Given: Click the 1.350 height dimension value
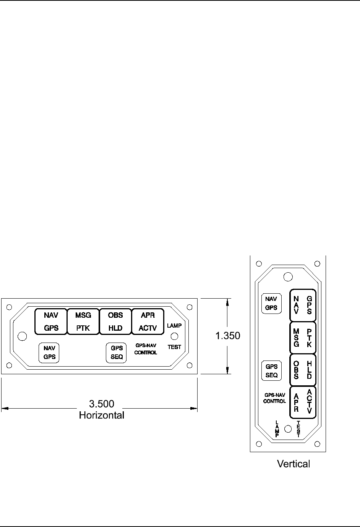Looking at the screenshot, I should pyautogui.click(x=227, y=336).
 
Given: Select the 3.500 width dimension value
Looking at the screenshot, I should pyautogui.click(x=102, y=404).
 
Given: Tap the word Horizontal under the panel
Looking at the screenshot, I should pyautogui.click(x=102, y=415).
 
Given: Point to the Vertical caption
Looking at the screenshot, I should pyautogui.click(x=294, y=464).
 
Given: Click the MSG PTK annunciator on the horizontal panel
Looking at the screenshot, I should pyautogui.click(x=83, y=322).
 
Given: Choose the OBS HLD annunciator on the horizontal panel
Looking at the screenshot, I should pyautogui.click(x=115, y=322).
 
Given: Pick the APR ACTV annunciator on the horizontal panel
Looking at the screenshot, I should pyautogui.click(x=148, y=322).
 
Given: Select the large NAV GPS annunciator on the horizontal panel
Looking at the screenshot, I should pyautogui.click(x=51, y=322).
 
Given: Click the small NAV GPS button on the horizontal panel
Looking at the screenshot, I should pyautogui.click(x=49, y=352).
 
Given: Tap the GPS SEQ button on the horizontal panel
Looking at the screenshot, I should pyautogui.click(x=117, y=352).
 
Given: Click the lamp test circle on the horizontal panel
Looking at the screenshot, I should pyautogui.click(x=174, y=336).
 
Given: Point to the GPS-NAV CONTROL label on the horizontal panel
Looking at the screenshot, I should pyautogui.click(x=146, y=349).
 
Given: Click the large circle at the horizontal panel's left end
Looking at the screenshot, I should pyautogui.click(x=23, y=336).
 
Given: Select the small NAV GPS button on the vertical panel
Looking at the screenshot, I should pyautogui.click(x=271, y=303).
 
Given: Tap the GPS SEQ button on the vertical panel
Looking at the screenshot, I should pyautogui.click(x=271, y=371).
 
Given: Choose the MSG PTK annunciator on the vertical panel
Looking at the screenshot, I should pyautogui.click(x=303, y=337).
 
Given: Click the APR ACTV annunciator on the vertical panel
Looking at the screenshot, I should pyautogui.click(x=303, y=402).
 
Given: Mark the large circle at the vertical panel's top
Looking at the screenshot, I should pyautogui.click(x=289, y=276).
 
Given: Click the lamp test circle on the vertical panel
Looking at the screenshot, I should pyautogui.click(x=289, y=428).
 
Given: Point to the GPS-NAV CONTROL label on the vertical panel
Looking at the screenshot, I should pyautogui.click(x=274, y=398).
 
